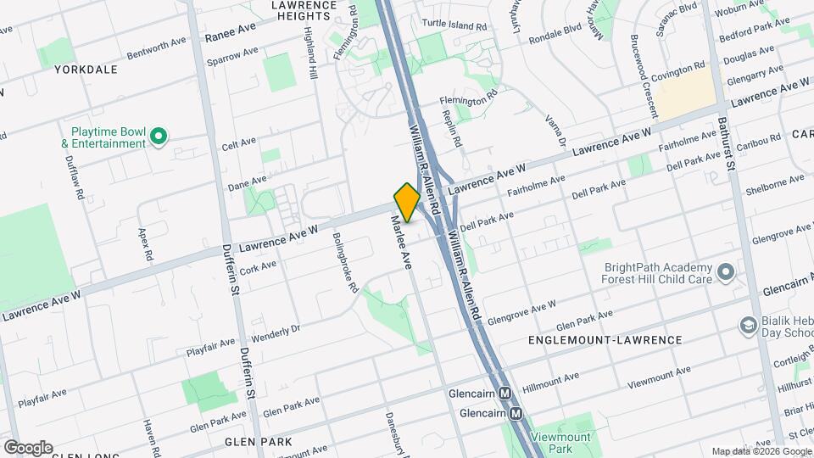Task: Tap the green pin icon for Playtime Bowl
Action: tap(158, 136)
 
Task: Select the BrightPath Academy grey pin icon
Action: tap(725, 271)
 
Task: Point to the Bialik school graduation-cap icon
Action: tap(748, 325)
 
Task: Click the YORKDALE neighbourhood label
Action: tap(86, 70)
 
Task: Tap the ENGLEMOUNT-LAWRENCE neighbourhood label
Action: tap(605, 340)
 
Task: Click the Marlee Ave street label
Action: tap(399, 242)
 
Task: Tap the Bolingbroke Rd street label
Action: tap(346, 263)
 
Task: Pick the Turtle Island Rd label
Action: tap(458, 27)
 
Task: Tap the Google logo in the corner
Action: tap(28, 447)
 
